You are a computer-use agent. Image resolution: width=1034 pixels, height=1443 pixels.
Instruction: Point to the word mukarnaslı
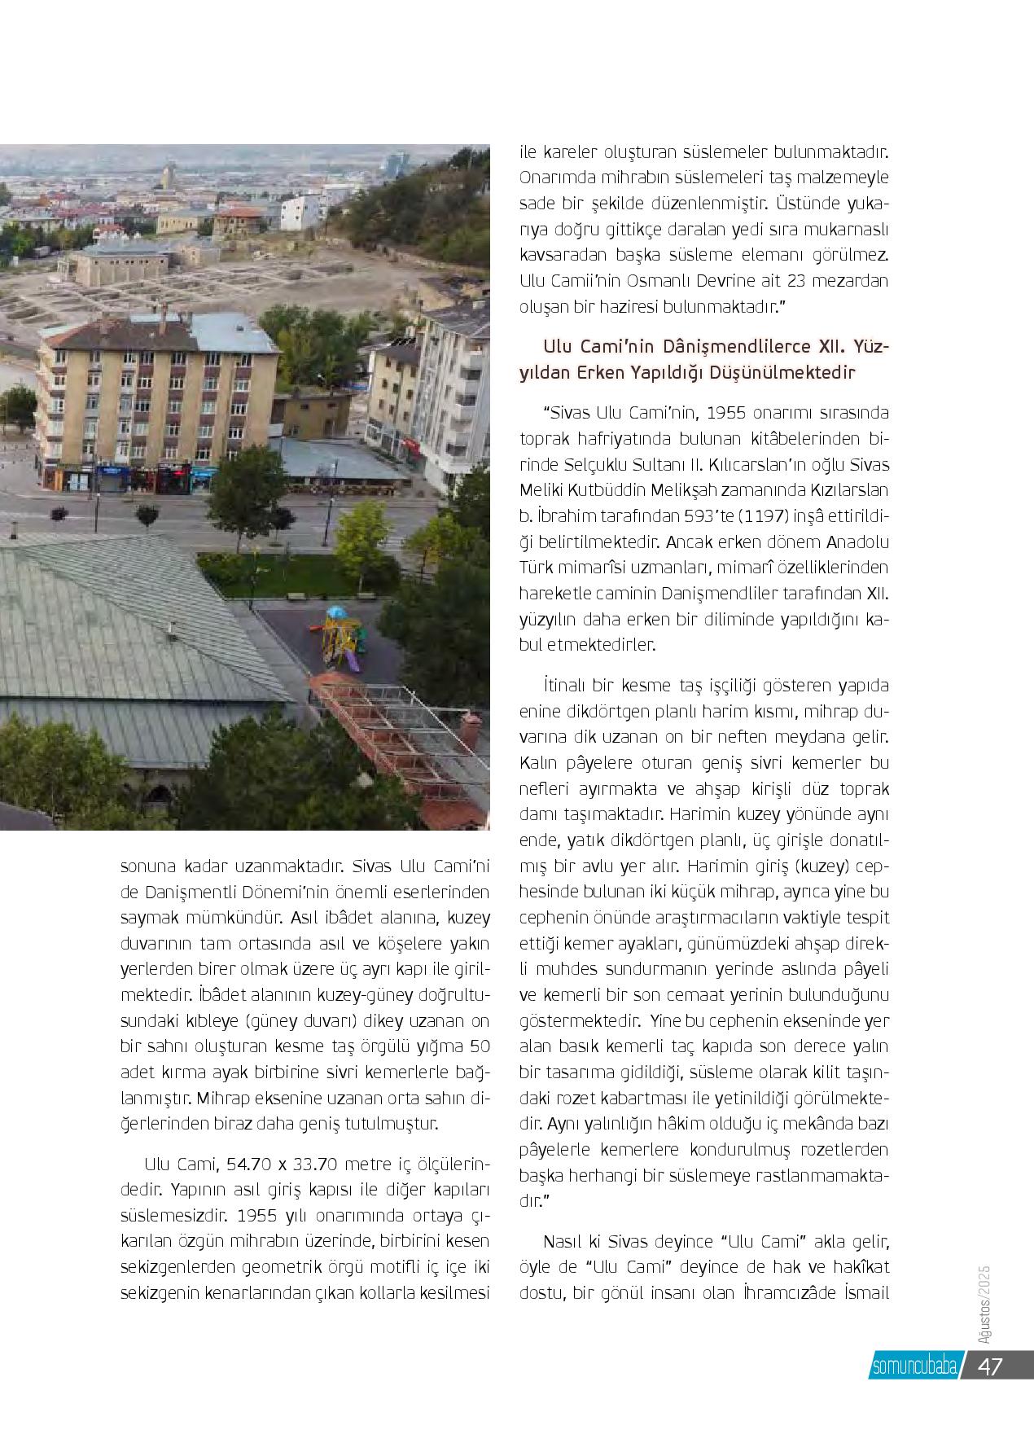(x=847, y=229)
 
